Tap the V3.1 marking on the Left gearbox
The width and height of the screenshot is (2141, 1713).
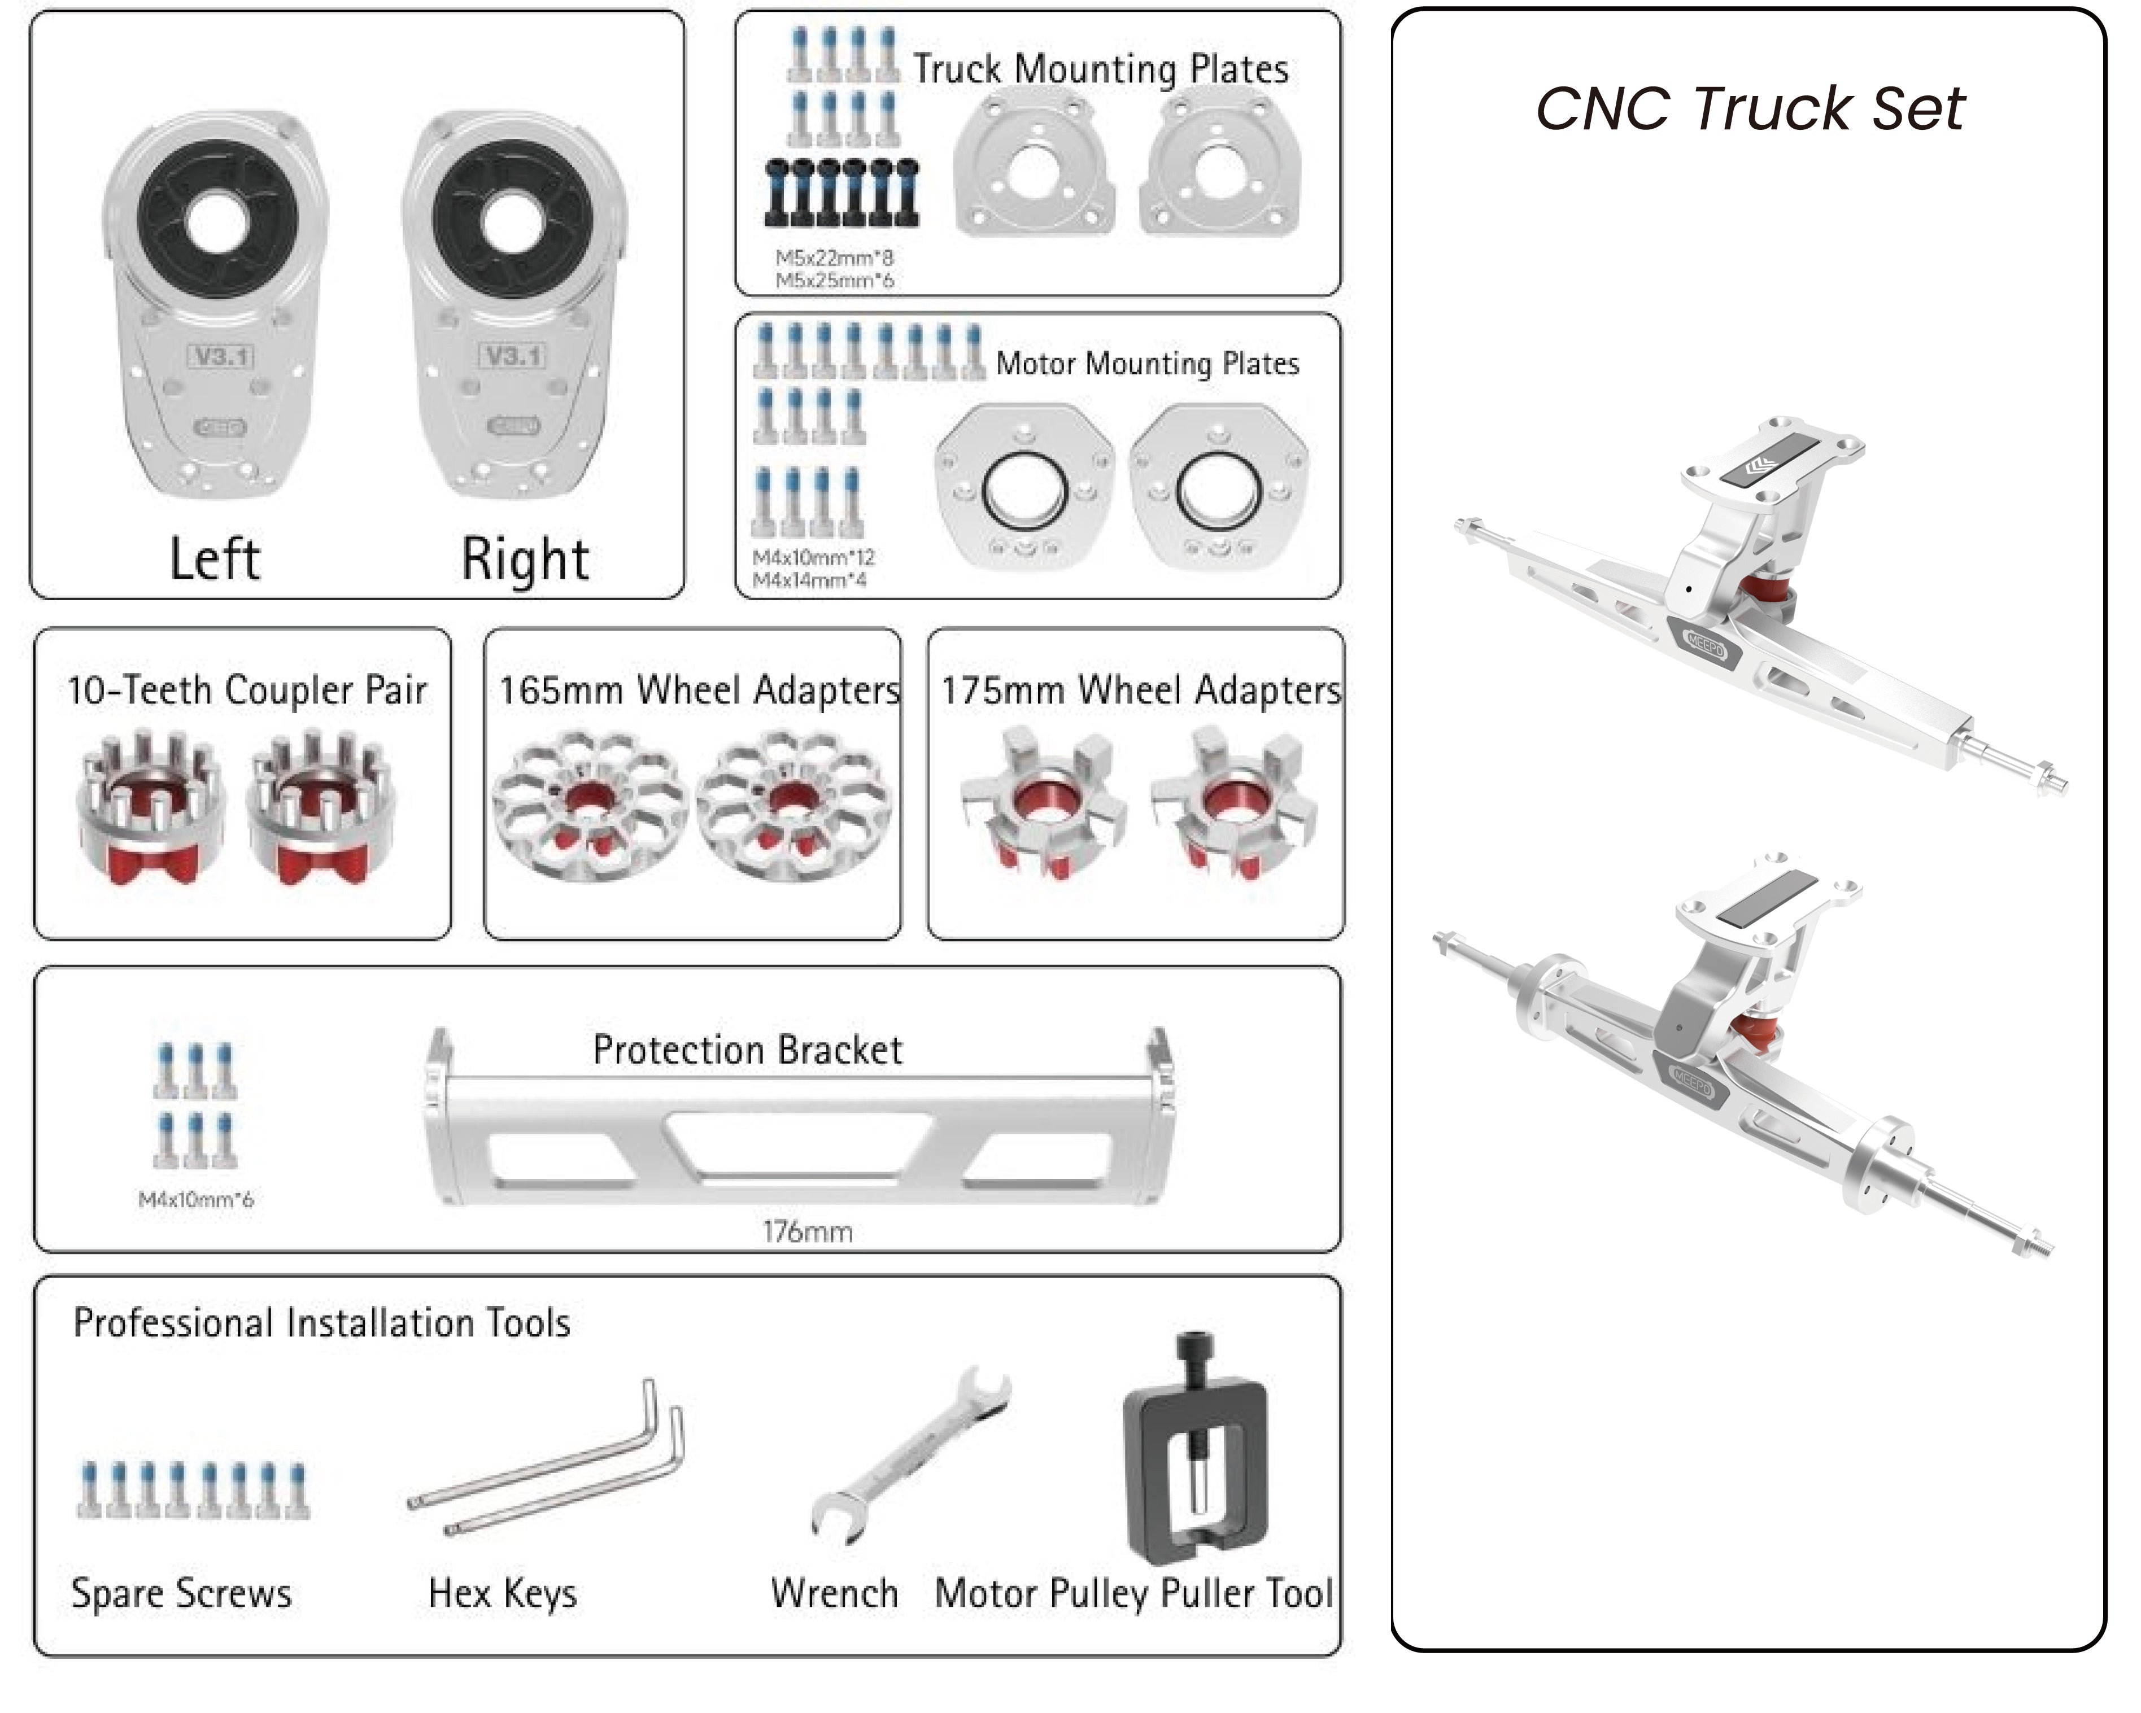coord(220,356)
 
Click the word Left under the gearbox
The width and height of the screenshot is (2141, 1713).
coord(215,559)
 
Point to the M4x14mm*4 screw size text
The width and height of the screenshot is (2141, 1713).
coord(809,580)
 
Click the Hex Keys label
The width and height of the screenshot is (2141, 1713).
coord(503,1593)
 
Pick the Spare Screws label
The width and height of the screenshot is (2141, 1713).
coord(182,1593)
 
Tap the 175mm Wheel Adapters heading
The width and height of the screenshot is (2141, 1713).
coord(1141,690)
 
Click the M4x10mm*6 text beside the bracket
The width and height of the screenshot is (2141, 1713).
coord(195,1200)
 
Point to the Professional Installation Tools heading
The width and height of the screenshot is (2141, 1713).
coord(322,1323)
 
